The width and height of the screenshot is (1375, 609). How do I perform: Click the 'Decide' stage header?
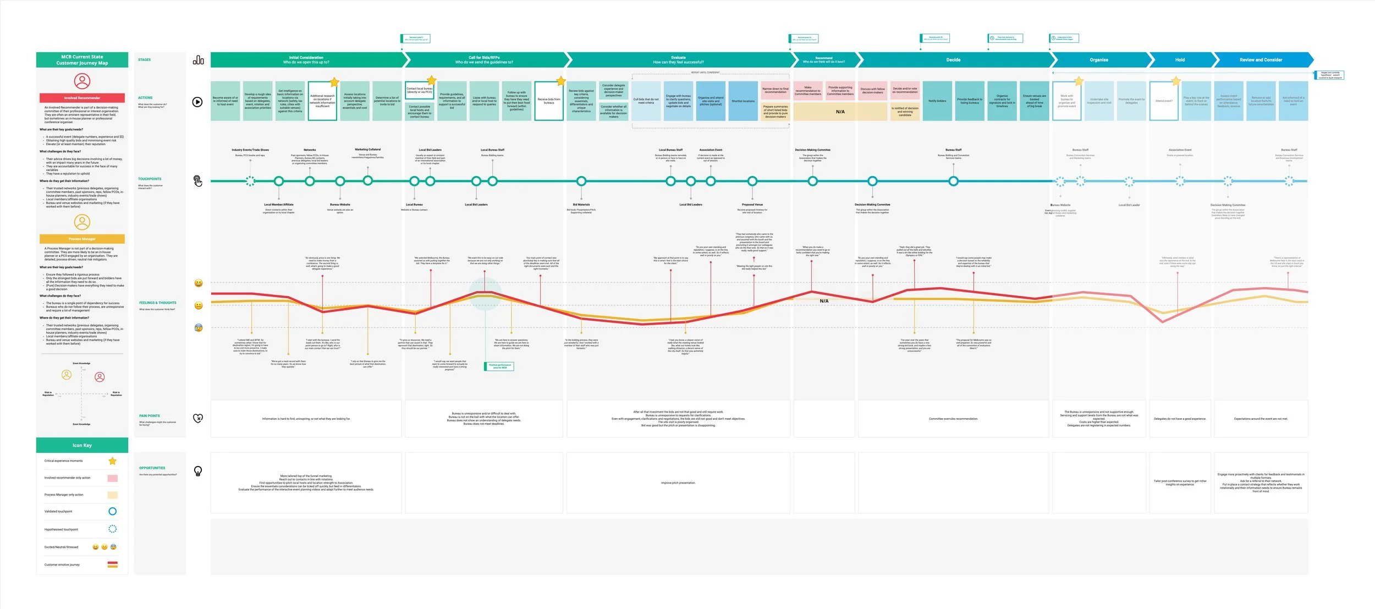point(953,60)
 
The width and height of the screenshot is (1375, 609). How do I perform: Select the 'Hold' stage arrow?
point(1180,60)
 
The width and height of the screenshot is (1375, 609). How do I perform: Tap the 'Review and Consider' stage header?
point(1261,60)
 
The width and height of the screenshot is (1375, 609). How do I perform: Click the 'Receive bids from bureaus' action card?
point(549,101)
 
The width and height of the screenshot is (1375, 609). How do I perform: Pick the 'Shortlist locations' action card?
point(743,101)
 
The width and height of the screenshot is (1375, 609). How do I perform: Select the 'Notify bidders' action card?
point(937,101)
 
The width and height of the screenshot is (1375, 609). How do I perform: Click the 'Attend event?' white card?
point(1164,101)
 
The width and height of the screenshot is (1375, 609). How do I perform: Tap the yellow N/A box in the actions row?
point(840,112)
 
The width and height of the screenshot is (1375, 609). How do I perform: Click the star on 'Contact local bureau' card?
point(431,80)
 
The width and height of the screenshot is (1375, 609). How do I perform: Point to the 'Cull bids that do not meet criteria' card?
point(646,101)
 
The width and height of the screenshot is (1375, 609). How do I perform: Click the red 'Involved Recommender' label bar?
point(82,98)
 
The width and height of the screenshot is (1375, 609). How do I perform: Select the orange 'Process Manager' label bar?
point(82,239)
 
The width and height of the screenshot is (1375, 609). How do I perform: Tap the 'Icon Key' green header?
point(82,445)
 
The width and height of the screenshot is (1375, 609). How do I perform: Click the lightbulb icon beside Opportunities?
point(198,471)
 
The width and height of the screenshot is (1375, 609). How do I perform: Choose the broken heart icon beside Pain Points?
point(198,418)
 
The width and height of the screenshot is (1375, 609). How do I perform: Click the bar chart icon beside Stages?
point(198,60)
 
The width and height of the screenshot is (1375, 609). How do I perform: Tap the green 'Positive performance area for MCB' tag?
point(499,366)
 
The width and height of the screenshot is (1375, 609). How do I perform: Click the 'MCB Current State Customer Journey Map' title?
point(82,60)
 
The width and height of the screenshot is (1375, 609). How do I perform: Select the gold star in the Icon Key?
point(112,461)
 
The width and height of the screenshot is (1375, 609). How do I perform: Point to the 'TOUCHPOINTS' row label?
point(150,179)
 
